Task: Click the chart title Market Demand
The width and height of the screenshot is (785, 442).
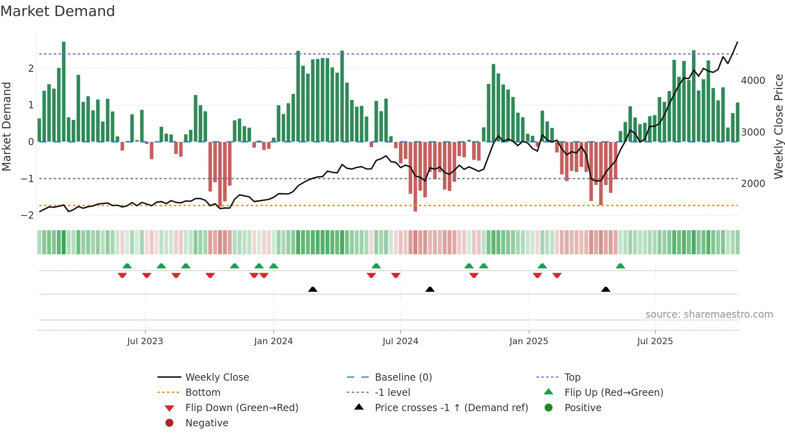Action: [x=58, y=11]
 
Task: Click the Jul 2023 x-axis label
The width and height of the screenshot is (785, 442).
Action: [x=145, y=341]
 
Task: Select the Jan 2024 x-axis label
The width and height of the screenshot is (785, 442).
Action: [x=273, y=341]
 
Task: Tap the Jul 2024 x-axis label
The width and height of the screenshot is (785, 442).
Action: [x=400, y=341]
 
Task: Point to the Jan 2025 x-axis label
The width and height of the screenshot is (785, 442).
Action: [x=529, y=341]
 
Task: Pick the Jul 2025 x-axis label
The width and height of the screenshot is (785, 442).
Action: [x=655, y=341]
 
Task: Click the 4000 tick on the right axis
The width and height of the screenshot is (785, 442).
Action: [x=753, y=81]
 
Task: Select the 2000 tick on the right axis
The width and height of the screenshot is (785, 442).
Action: [x=753, y=184]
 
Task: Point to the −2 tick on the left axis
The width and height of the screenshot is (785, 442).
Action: [x=27, y=215]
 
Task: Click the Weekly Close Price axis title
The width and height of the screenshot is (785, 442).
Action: [x=778, y=126]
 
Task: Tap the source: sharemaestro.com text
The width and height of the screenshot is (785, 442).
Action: [x=709, y=314]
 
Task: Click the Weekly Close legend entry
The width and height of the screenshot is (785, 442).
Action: [x=217, y=377]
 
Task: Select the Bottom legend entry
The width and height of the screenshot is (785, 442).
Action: [x=203, y=393]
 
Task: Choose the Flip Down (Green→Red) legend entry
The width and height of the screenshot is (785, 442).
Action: [x=242, y=408]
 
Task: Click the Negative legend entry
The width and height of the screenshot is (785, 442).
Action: [x=207, y=423]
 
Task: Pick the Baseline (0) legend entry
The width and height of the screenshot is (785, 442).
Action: [x=403, y=377]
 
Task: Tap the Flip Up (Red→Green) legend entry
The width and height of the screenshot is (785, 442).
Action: [x=614, y=393]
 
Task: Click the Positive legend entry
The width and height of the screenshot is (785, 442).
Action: [x=583, y=408]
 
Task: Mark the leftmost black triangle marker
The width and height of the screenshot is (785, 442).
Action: [x=313, y=289]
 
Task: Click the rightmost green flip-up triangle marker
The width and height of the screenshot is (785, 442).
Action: [x=620, y=266]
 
